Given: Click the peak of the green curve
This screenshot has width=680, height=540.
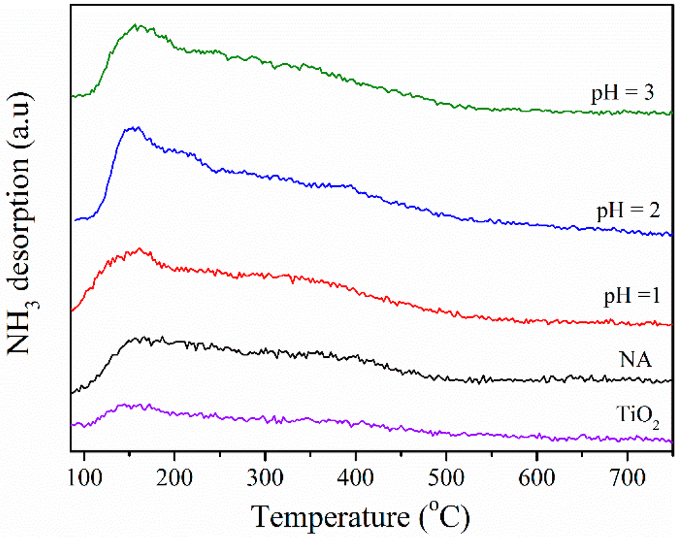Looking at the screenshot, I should point(136,25).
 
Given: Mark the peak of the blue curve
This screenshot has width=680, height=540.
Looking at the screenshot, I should point(135,127).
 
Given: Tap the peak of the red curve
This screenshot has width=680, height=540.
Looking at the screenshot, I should point(139,248).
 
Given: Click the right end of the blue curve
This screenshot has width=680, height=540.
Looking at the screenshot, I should point(672,235).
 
